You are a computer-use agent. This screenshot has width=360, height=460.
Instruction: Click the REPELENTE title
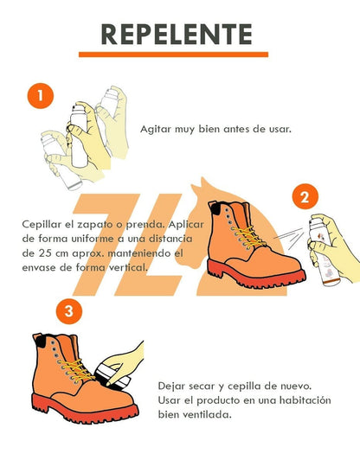pos(177,34)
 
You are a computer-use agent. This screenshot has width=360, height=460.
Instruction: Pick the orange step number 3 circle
pos(69,311)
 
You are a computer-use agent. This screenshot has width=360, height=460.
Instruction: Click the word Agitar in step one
pos(157,128)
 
